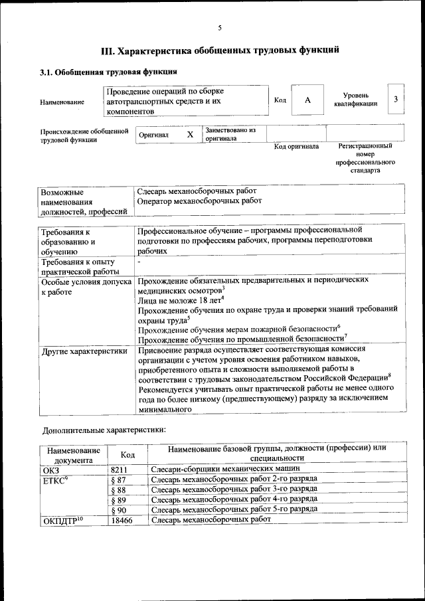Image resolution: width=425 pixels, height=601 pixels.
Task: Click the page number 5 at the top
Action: tap(219, 28)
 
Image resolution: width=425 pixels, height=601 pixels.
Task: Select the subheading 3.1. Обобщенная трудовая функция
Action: tap(108, 72)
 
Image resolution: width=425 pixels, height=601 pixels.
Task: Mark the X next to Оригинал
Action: tap(190, 134)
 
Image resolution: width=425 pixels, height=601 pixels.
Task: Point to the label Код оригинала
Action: tap(296, 146)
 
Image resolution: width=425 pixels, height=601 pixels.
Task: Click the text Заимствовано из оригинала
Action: tap(230, 134)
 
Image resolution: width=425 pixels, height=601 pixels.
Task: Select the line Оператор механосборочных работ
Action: tap(199, 200)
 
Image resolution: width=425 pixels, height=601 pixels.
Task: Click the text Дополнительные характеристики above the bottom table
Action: tap(104, 429)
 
